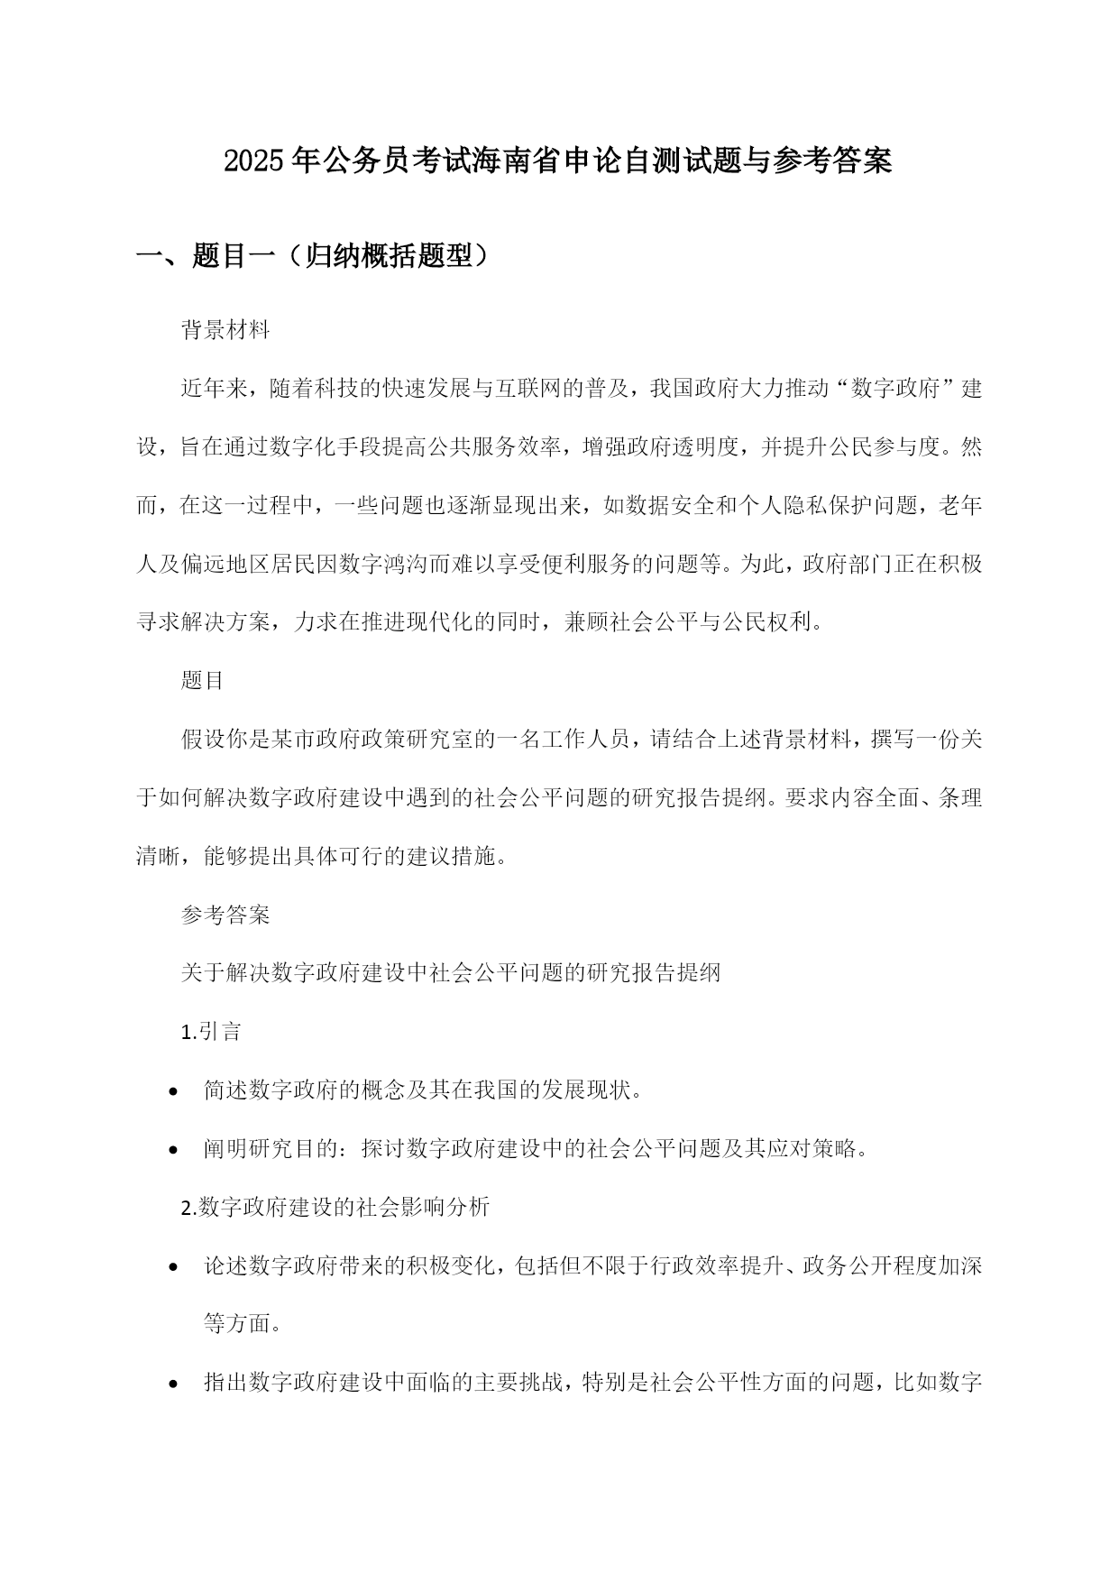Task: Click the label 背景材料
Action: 225,330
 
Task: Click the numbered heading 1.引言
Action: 212,1032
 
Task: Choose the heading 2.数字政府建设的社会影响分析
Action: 335,1208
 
